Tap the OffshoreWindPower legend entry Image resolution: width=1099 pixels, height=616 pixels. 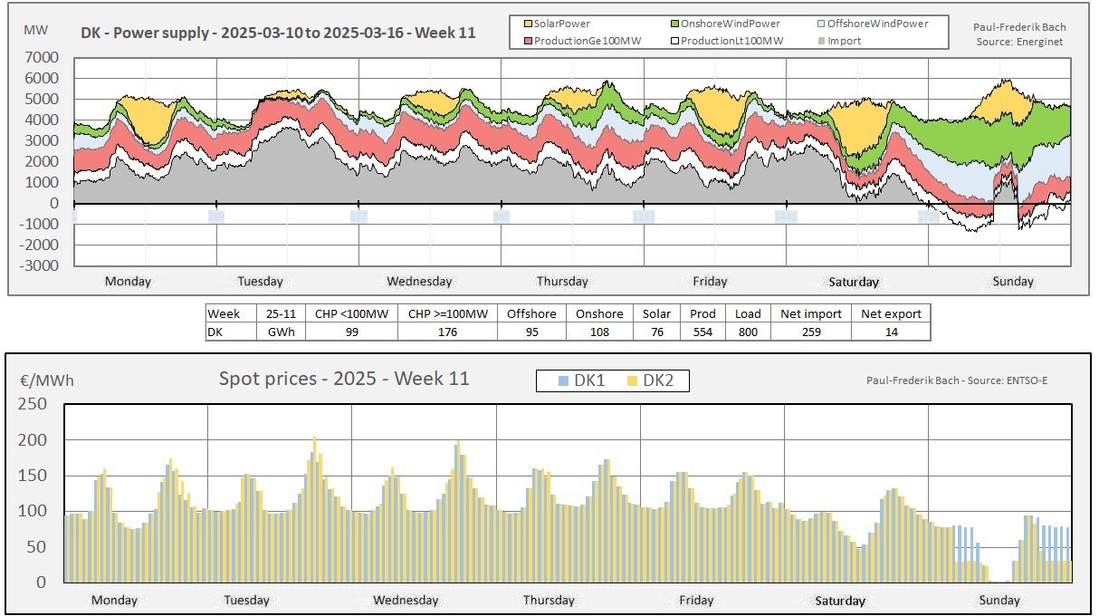(875, 24)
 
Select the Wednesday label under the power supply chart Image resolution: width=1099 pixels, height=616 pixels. (419, 281)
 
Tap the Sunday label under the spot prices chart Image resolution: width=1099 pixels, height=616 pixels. (999, 600)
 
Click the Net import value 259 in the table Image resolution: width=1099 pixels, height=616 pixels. (811, 332)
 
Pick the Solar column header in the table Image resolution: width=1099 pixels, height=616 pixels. (657, 313)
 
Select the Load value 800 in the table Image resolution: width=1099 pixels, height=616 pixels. (748, 332)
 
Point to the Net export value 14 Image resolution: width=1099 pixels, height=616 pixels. (891, 332)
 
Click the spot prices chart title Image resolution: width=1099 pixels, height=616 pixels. (344, 379)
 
